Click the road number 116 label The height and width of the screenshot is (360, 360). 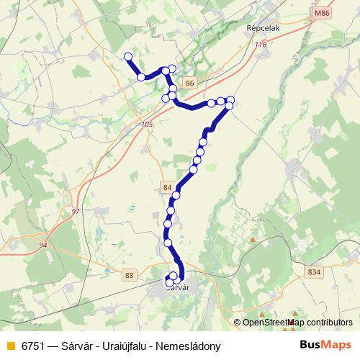coord(260,45)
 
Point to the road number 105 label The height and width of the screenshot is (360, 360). coord(148,125)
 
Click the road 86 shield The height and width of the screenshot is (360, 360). coord(189,84)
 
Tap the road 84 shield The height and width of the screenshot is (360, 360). coord(168,187)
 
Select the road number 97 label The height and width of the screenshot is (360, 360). coord(76,211)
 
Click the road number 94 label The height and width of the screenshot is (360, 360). coord(43,246)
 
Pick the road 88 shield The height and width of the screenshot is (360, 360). coord(129,275)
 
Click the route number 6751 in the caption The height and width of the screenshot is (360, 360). coord(33,345)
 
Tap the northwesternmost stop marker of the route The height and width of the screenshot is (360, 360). coord(128,56)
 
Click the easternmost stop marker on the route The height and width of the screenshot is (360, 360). coord(230,100)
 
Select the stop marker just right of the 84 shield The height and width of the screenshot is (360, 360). coord(176,195)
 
